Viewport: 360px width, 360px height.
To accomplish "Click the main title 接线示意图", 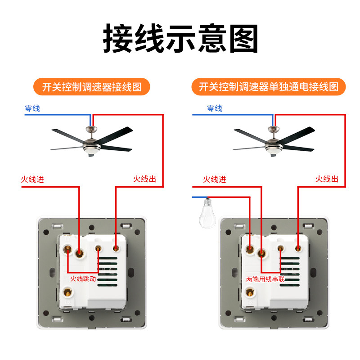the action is coord(180,38).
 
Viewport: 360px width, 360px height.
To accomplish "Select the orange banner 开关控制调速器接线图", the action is coord(92,87).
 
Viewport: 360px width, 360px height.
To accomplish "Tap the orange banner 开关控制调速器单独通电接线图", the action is coord(268,87).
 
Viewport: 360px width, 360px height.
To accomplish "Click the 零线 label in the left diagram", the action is coord(32,108).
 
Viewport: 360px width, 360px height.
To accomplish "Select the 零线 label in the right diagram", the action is coord(215,108).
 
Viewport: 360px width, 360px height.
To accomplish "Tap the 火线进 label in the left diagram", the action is coord(32,179).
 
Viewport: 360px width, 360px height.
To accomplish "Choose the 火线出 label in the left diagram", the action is coord(144,179).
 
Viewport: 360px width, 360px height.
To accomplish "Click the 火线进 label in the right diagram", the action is coord(215,179).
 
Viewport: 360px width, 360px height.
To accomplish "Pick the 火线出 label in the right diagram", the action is coord(327,179).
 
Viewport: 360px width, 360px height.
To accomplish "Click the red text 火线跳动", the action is coord(83,279).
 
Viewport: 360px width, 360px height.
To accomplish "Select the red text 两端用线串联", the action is coord(265,279).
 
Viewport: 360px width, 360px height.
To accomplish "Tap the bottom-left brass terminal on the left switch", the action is coord(68,292).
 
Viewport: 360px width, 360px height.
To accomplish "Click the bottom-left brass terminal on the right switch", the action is coord(250,292).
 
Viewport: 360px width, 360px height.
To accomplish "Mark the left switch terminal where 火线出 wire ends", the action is coord(116,248).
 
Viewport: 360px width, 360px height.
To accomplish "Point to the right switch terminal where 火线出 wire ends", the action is coord(298,248).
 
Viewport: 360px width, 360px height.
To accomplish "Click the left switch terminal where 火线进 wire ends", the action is coord(79,253).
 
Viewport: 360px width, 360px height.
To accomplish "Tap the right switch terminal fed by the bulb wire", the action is coord(250,249).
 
